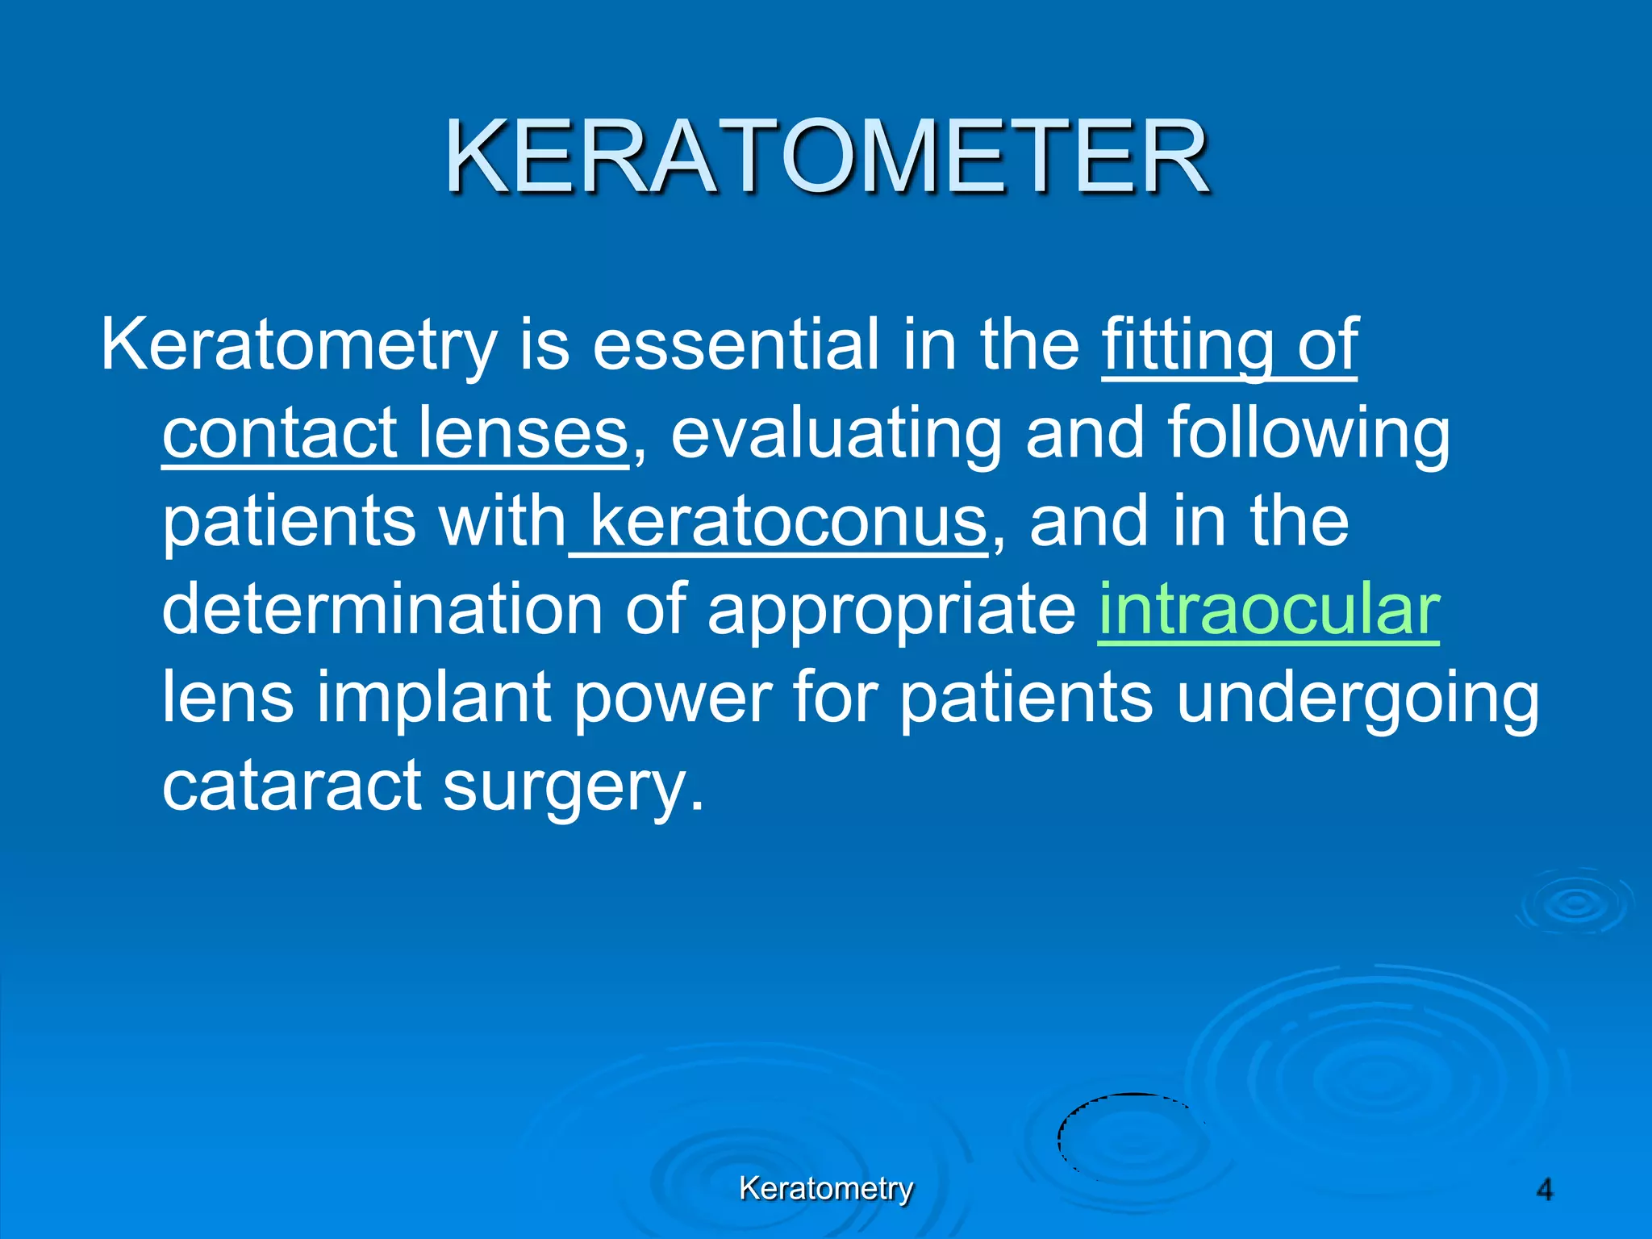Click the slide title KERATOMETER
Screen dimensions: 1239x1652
826,157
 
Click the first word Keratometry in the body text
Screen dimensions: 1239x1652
298,345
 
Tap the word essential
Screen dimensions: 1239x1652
735,345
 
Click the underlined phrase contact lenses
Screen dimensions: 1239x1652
394,433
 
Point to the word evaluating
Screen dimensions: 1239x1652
835,433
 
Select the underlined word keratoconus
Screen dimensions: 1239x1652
786,521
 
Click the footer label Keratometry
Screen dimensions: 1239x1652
826,1188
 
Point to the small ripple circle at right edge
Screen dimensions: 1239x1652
1575,903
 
